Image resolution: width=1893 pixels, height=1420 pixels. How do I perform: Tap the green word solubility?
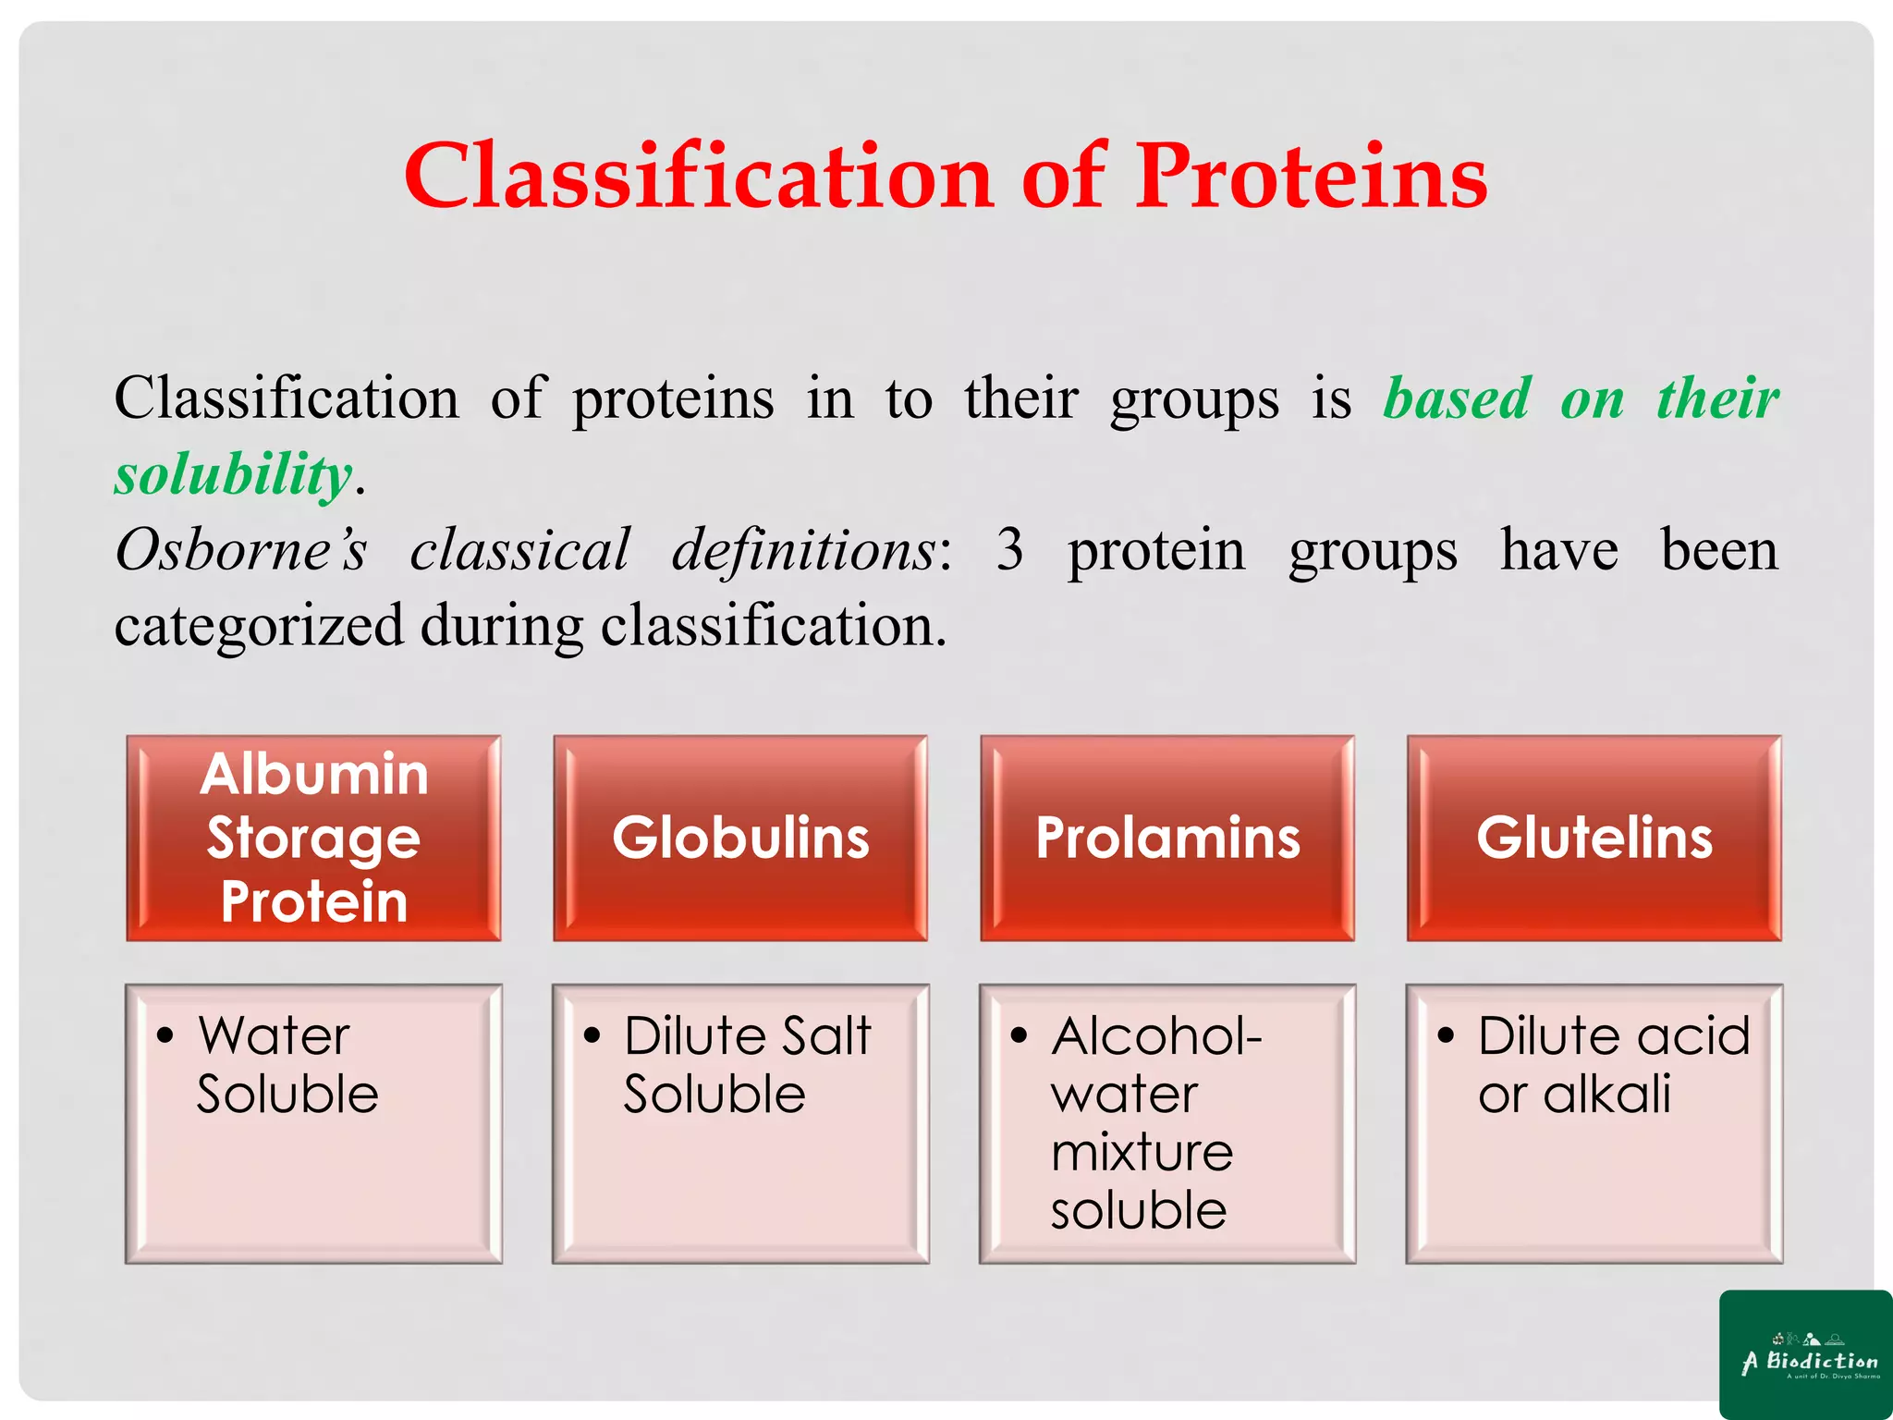pos(233,474)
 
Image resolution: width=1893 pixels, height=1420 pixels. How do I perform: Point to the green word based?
pos(1457,398)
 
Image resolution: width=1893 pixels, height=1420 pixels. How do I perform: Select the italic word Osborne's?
pos(241,550)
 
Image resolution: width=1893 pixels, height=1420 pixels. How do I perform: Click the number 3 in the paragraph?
pos(1009,550)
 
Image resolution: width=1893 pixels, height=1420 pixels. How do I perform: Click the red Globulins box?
pos(740,838)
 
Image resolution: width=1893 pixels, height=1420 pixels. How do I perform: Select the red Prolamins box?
pos(1167,838)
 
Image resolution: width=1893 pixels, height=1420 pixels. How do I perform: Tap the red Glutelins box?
pos(1594,838)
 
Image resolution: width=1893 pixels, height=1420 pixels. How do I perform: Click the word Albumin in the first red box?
pos(314,774)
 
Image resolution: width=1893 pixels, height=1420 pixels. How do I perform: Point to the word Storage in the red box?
pos(314,838)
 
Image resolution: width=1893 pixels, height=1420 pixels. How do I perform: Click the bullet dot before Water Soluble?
pos(165,1036)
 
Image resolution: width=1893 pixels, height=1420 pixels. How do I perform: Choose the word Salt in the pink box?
pos(827,1035)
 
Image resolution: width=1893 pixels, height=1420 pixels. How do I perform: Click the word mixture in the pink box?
pos(1142,1152)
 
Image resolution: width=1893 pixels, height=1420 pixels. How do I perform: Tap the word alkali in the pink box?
pos(1606,1094)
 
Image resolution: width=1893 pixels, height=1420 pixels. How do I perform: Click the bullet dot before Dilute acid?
pos(1446,1036)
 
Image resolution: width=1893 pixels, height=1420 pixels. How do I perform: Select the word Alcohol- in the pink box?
pos(1156,1035)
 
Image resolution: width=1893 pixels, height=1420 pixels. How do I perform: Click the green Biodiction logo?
pos(1805,1354)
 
